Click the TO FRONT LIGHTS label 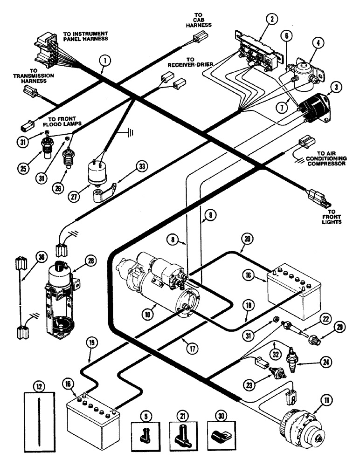tap(332, 217)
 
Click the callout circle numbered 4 tap(318, 45)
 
